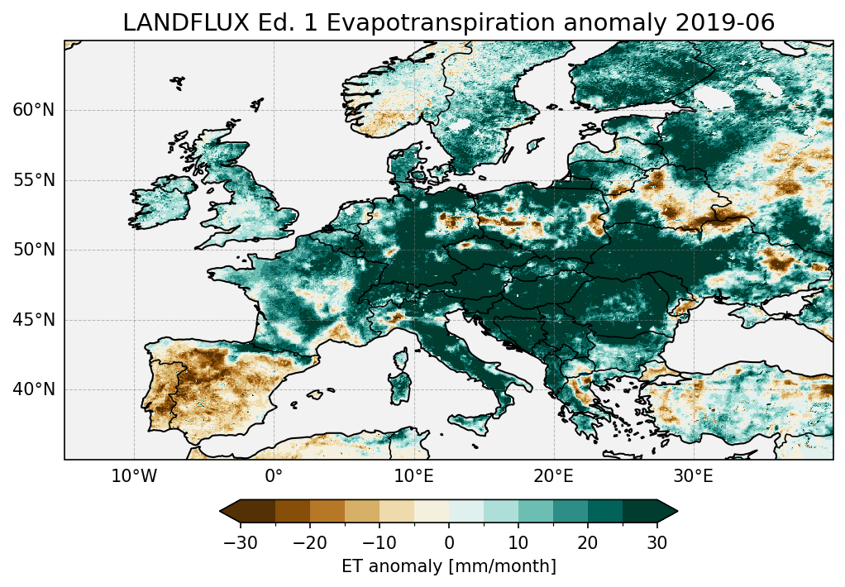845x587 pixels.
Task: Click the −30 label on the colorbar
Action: pos(241,543)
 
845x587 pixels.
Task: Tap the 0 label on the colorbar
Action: pos(449,543)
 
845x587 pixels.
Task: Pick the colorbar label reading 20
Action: pos(588,543)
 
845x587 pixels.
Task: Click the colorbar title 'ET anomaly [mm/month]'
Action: pos(449,566)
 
